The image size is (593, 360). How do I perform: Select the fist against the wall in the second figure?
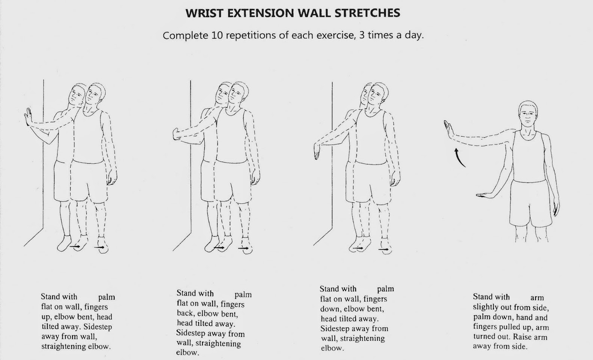[176, 134]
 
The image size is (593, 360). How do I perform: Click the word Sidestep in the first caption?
[98, 327]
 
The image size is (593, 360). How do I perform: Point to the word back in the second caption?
[185, 313]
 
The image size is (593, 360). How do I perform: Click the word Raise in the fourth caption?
[523, 337]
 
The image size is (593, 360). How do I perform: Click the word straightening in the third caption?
[362, 339]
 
